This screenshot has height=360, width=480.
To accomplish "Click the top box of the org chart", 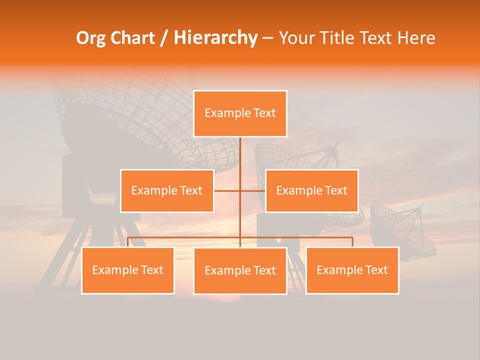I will pyautogui.click(x=240, y=113).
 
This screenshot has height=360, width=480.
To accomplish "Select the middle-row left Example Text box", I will pyautogui.click(x=167, y=190).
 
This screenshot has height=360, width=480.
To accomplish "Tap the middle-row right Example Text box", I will pyautogui.click(x=311, y=190).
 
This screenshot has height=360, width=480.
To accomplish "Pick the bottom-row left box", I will pyautogui.click(x=128, y=270).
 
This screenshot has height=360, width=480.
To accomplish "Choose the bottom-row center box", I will pyautogui.click(x=240, y=270).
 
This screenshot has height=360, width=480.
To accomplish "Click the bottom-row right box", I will pyautogui.click(x=352, y=270).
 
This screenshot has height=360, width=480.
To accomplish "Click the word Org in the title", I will pyautogui.click(x=90, y=38).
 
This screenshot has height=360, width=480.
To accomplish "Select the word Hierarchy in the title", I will pyautogui.click(x=215, y=38).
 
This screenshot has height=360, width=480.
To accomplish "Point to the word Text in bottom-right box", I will pyautogui.click(x=376, y=270).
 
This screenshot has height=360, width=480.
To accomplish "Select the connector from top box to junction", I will pyautogui.click(x=240, y=162).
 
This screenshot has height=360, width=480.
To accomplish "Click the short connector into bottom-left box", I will pyautogui.click(x=128, y=241).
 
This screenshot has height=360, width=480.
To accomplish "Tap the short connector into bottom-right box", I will pyautogui.click(x=352, y=241).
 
